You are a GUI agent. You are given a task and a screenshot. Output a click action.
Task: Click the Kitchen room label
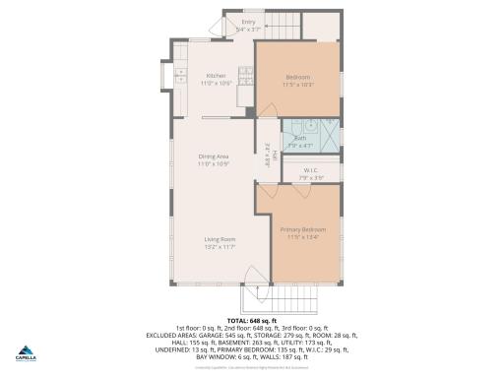(x=215, y=76)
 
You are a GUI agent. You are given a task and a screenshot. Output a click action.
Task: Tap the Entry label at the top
(x=248, y=22)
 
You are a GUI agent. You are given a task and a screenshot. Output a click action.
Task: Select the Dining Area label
(x=215, y=157)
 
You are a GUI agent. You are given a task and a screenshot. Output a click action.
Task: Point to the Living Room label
(x=219, y=239)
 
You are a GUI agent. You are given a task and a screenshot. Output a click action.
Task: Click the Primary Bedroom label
(x=302, y=229)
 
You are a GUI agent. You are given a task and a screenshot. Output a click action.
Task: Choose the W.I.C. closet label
(x=310, y=170)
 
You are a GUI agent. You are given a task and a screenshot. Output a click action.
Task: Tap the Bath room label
(x=298, y=139)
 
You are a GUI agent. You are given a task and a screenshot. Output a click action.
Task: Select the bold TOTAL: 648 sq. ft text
(x=251, y=321)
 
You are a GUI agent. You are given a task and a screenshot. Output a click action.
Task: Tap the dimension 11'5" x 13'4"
(x=302, y=237)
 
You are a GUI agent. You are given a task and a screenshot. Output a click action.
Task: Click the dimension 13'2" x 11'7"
(x=219, y=247)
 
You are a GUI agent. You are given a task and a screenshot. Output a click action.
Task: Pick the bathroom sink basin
(x=307, y=126)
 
